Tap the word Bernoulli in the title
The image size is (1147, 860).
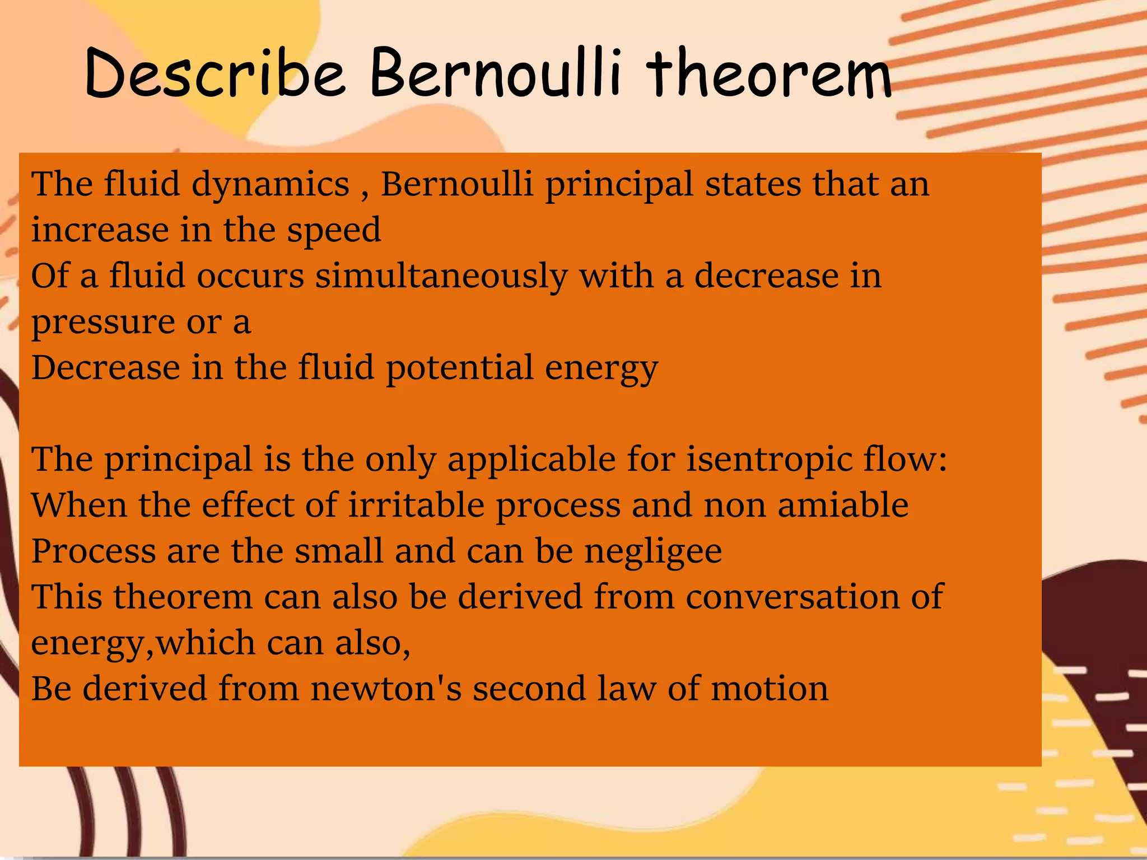click(x=496, y=73)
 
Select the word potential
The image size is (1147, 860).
click(x=459, y=368)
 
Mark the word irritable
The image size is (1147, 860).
click(x=416, y=505)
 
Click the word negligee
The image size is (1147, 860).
click(x=653, y=551)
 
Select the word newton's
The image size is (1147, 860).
click(x=386, y=689)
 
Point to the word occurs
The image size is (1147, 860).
click(x=250, y=277)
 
